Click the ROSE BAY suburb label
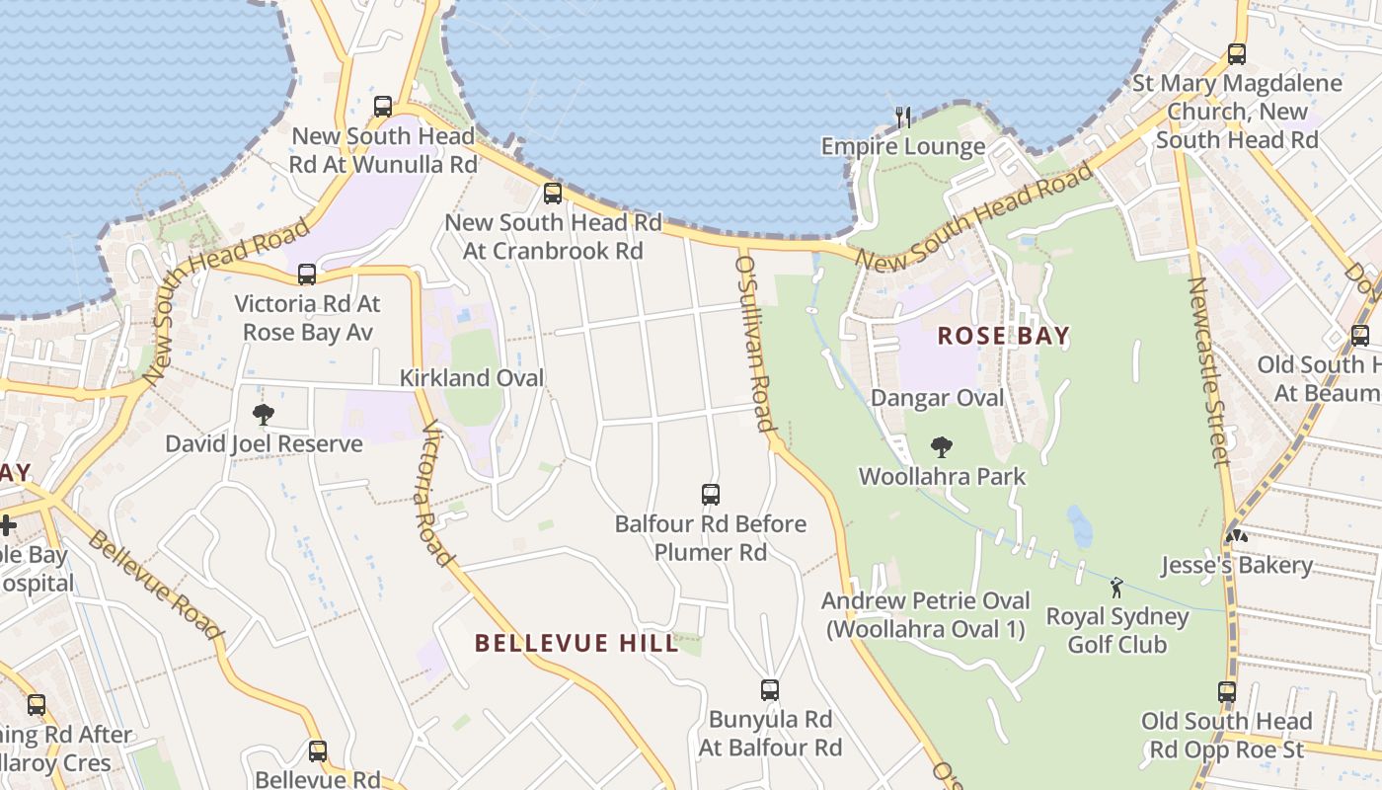tap(1003, 336)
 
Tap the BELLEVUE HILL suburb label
tap(576, 643)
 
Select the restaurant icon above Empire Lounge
tap(903, 118)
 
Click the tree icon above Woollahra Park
tap(942, 447)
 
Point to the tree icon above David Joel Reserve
tap(264, 415)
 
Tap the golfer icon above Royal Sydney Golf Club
tap(1116, 588)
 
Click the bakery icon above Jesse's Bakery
tap(1236, 536)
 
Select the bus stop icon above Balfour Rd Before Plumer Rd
tap(710, 495)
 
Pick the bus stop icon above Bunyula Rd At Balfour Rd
tap(770, 690)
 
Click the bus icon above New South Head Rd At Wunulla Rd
tap(383, 107)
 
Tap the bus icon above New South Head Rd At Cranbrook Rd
tap(553, 194)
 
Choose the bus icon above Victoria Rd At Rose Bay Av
tap(307, 275)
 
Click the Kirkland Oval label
tap(472, 378)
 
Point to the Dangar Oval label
tap(937, 398)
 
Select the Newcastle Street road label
tap(1209, 371)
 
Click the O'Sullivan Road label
tap(753, 342)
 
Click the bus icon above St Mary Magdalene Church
tap(1237, 54)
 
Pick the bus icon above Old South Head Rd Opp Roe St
tap(1227, 692)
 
